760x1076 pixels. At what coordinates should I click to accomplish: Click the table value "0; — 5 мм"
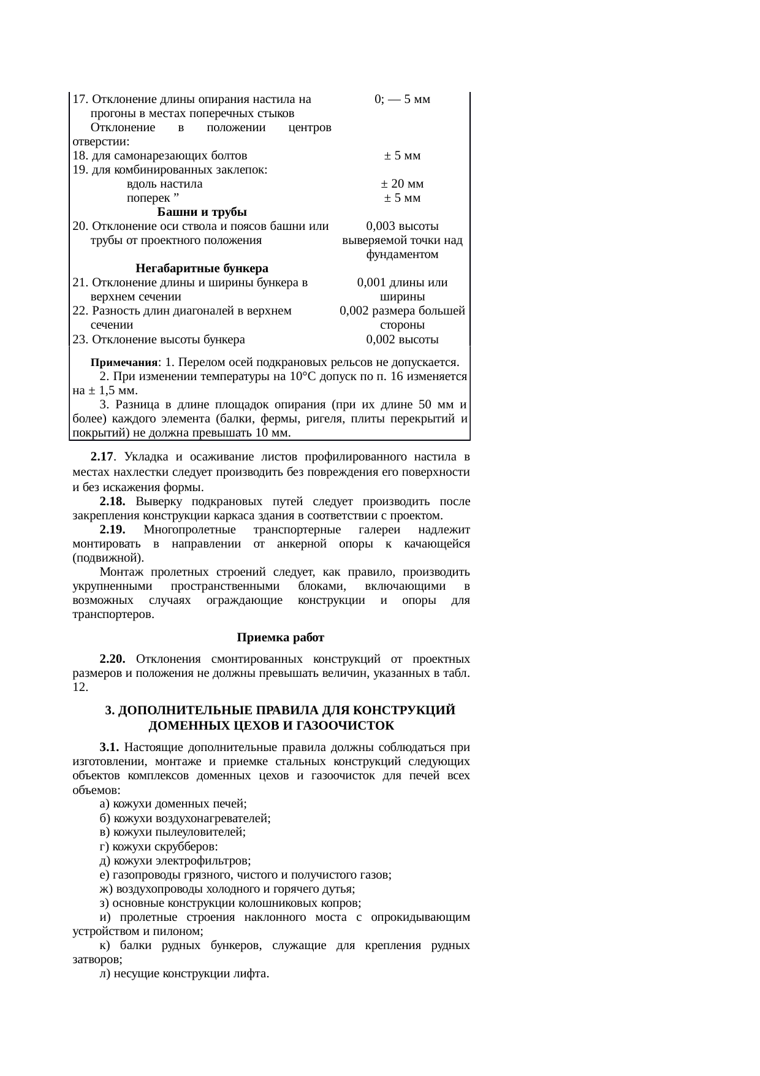402,99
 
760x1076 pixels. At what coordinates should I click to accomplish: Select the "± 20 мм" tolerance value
402,184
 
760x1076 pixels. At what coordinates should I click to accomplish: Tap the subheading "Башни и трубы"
202,212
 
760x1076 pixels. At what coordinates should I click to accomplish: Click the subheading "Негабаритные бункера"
202,269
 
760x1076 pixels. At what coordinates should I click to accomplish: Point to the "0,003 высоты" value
402,226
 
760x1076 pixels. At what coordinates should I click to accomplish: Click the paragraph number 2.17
102,457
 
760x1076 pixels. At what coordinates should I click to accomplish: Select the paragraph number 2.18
113,502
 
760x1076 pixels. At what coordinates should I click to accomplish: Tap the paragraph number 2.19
113,530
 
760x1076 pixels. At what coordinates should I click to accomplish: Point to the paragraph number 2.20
113,659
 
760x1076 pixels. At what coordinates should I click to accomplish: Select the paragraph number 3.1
109,747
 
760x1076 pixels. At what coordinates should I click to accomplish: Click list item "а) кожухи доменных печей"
173,804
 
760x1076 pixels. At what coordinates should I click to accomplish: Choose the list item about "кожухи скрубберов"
159,847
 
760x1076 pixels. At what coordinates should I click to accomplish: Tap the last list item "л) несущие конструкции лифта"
184,973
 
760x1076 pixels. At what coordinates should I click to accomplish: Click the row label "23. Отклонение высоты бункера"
159,340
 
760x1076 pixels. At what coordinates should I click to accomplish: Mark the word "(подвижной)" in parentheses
108,558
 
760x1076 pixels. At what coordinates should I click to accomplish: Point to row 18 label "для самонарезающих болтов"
160,156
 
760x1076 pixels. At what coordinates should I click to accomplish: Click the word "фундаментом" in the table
402,254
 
